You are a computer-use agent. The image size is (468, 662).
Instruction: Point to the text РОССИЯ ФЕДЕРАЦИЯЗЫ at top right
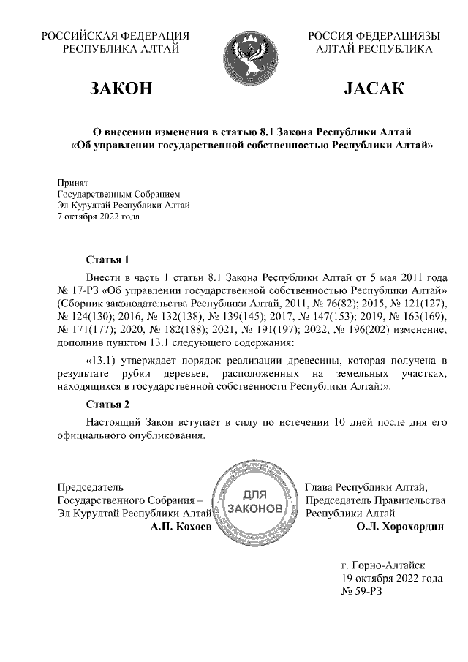click(x=374, y=35)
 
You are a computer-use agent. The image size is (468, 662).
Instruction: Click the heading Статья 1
click(x=107, y=260)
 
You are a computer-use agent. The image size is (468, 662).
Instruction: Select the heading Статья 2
click(x=107, y=405)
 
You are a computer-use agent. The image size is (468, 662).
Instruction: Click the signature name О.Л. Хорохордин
click(x=399, y=526)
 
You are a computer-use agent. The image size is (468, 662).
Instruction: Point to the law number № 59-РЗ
click(x=362, y=591)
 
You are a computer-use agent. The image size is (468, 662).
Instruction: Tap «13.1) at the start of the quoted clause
click(x=103, y=361)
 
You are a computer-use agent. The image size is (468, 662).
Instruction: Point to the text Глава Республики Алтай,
click(x=366, y=487)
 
